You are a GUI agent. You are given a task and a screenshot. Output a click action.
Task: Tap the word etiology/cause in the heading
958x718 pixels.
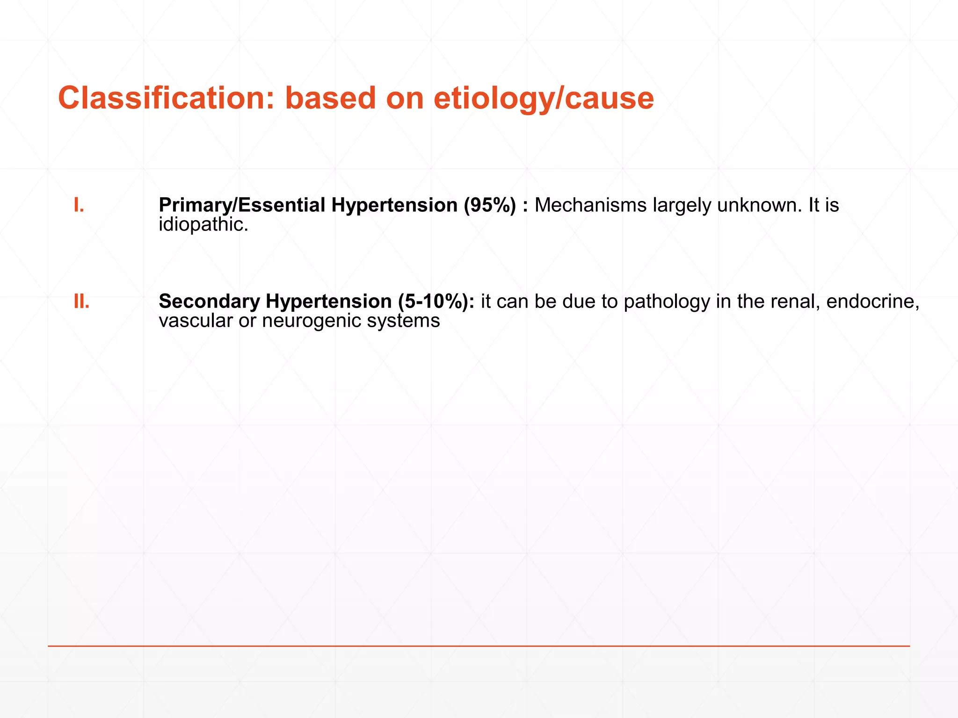544,99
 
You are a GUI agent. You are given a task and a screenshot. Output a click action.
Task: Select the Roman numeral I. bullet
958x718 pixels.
79,205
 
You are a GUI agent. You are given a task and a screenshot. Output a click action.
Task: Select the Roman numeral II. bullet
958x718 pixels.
81,302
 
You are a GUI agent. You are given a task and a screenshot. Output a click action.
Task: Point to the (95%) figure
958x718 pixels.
490,206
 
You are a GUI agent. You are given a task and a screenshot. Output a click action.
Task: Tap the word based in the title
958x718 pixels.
330,98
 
